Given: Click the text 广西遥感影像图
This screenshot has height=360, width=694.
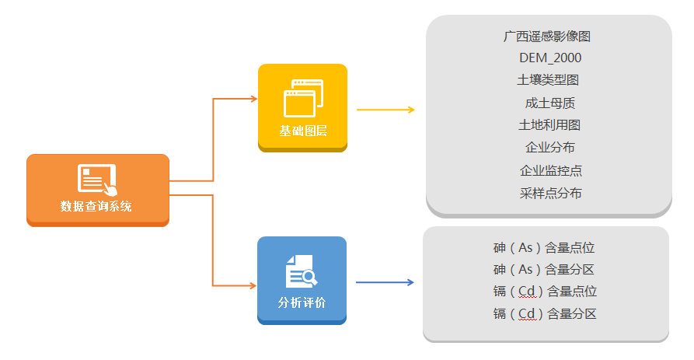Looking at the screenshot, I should tap(547, 36).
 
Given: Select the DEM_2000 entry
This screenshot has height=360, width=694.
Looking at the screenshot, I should tap(549, 58).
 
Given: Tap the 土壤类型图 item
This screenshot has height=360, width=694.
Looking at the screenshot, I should tap(548, 80).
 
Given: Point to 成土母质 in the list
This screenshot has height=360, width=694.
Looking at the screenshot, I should tap(549, 103).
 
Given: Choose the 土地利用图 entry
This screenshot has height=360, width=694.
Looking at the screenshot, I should tap(549, 125).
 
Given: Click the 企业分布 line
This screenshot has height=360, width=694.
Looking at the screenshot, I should tap(549, 148).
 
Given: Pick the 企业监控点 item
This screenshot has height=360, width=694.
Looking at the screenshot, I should tap(550, 170).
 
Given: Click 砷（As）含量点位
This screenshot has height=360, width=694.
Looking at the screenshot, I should tap(544, 248).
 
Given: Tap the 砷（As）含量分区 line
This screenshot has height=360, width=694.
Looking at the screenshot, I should tap(544, 270).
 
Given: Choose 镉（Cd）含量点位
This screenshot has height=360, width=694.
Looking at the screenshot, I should tap(545, 292).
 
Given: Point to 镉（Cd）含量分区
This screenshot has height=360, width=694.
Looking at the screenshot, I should tap(545, 314).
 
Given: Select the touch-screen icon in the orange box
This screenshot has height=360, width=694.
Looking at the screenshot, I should tap(97, 179).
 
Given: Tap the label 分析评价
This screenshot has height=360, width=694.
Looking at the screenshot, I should tap(302, 302).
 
